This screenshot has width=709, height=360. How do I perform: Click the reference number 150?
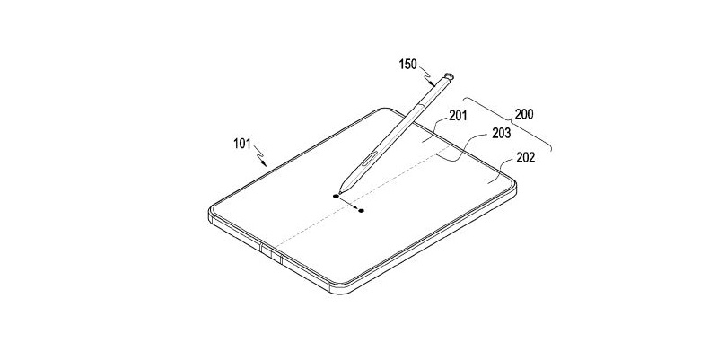coord(409,65)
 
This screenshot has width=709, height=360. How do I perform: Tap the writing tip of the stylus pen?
coord(338,190)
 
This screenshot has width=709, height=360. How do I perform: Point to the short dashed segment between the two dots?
coord(349,203)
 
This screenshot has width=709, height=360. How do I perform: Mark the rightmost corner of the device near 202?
coord(517,185)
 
